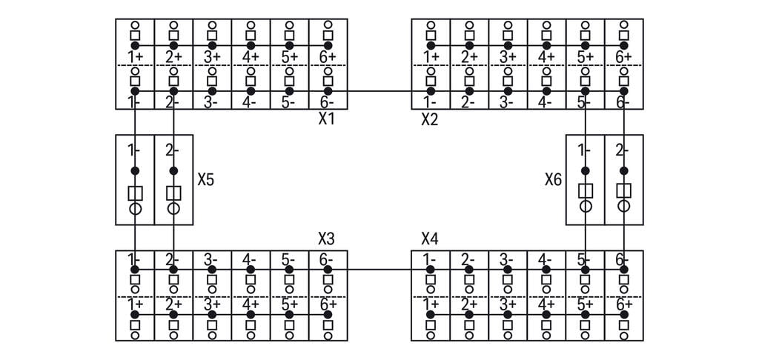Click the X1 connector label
click(327, 119)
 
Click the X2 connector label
click(430, 119)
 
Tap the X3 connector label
click(326, 239)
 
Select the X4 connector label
click(430, 239)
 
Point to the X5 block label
click(206, 179)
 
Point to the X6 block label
click(553, 179)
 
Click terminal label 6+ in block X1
click(328, 57)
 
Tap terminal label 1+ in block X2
click(431, 57)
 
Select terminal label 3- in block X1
click(211, 102)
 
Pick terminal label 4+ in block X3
click(250, 304)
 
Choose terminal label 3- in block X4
click(507, 260)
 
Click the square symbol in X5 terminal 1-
click(135, 193)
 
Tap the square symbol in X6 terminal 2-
click(623, 190)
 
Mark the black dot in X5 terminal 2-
click(173, 170)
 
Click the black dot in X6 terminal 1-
click(585, 170)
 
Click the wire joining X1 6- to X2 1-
click(378, 91)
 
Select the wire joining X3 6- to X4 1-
click(378, 270)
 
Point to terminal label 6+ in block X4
click(623, 304)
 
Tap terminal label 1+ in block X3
click(134, 304)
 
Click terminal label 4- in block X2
click(546, 102)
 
